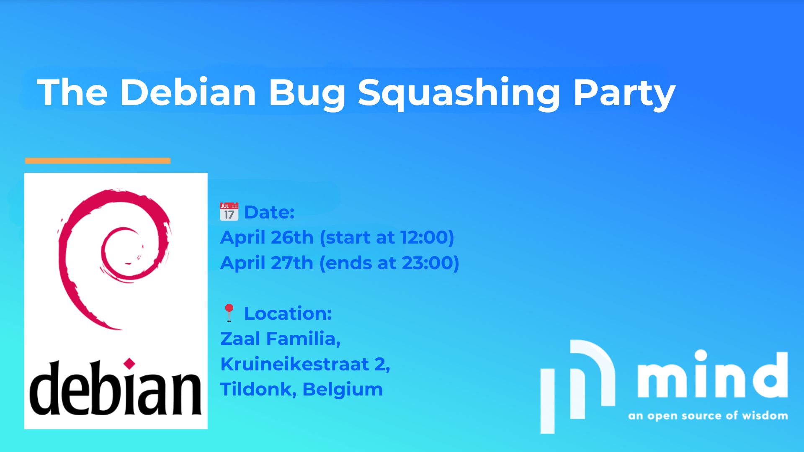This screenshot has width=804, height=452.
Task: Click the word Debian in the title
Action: (x=188, y=92)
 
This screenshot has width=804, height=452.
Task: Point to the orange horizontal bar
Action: (x=98, y=161)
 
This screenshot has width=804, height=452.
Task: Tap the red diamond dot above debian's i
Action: (x=129, y=364)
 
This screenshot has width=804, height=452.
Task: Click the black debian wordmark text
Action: (x=116, y=388)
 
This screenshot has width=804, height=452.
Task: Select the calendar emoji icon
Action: (x=229, y=212)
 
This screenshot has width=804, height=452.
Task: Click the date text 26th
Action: (x=292, y=237)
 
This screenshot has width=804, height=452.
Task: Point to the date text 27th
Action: (x=292, y=263)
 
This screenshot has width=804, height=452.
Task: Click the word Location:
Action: (x=288, y=313)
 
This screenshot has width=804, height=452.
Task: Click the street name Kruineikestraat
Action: (x=295, y=364)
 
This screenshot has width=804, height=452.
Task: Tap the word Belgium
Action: (x=343, y=390)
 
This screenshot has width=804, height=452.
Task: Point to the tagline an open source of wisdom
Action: (x=708, y=416)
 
